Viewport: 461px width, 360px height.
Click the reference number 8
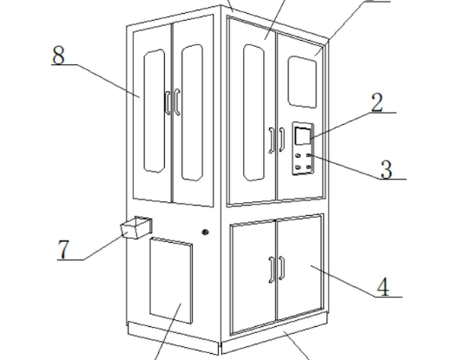(x=58, y=55)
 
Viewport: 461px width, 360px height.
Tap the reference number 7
(x=63, y=250)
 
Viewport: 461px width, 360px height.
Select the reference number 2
(x=377, y=102)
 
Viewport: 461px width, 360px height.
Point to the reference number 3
(x=386, y=169)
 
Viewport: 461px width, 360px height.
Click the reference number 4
(x=383, y=287)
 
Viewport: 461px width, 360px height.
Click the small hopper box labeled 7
(x=136, y=227)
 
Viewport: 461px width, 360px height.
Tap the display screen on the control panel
(x=302, y=136)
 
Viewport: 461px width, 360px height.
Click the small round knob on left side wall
(x=205, y=232)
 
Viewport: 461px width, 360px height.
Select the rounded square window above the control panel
(x=302, y=82)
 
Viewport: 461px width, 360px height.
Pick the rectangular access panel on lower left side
(x=171, y=280)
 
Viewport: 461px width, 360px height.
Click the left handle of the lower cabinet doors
(x=272, y=270)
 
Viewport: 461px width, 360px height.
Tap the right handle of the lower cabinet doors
(x=281, y=268)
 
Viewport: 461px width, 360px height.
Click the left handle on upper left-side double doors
(x=168, y=102)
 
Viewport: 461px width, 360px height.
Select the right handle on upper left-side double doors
(x=177, y=102)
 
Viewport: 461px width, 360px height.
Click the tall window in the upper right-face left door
(x=254, y=113)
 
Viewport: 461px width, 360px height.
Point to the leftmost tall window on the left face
(x=155, y=111)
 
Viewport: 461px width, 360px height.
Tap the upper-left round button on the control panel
(x=298, y=155)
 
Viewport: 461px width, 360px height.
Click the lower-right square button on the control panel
(x=308, y=167)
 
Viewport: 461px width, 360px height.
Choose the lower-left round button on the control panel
(x=298, y=167)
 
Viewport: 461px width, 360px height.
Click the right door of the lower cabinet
(x=300, y=267)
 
